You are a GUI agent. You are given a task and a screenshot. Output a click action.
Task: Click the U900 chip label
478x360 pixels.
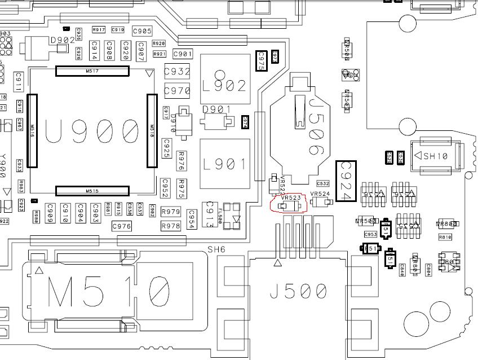tap(91, 131)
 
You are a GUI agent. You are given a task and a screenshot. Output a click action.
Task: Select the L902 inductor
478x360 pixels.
tap(225, 86)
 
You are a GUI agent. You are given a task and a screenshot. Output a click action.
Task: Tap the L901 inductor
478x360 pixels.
tap(225, 164)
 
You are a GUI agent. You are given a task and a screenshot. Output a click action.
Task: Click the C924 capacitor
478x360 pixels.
tap(346, 181)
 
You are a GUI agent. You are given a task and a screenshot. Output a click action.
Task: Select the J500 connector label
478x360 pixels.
tap(298, 291)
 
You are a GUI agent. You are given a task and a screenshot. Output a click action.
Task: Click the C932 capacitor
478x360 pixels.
tap(177, 72)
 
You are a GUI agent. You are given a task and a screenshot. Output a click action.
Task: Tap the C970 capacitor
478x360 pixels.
tap(177, 90)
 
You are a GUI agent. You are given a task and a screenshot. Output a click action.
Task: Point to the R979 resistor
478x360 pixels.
tap(171, 212)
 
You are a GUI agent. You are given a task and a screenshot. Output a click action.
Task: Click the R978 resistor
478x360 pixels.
tap(171, 226)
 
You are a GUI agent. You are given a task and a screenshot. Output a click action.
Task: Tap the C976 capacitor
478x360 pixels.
tap(122, 226)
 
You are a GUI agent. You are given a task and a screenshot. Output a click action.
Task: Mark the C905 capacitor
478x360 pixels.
tap(142, 31)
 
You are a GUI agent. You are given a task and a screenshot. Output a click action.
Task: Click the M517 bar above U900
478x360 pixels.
tap(92, 71)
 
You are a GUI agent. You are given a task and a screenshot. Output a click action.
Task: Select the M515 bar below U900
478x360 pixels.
tap(92, 191)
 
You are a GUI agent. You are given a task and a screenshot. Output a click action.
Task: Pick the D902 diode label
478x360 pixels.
tap(63, 41)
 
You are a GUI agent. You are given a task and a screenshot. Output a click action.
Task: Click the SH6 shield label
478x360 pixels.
tap(216, 249)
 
